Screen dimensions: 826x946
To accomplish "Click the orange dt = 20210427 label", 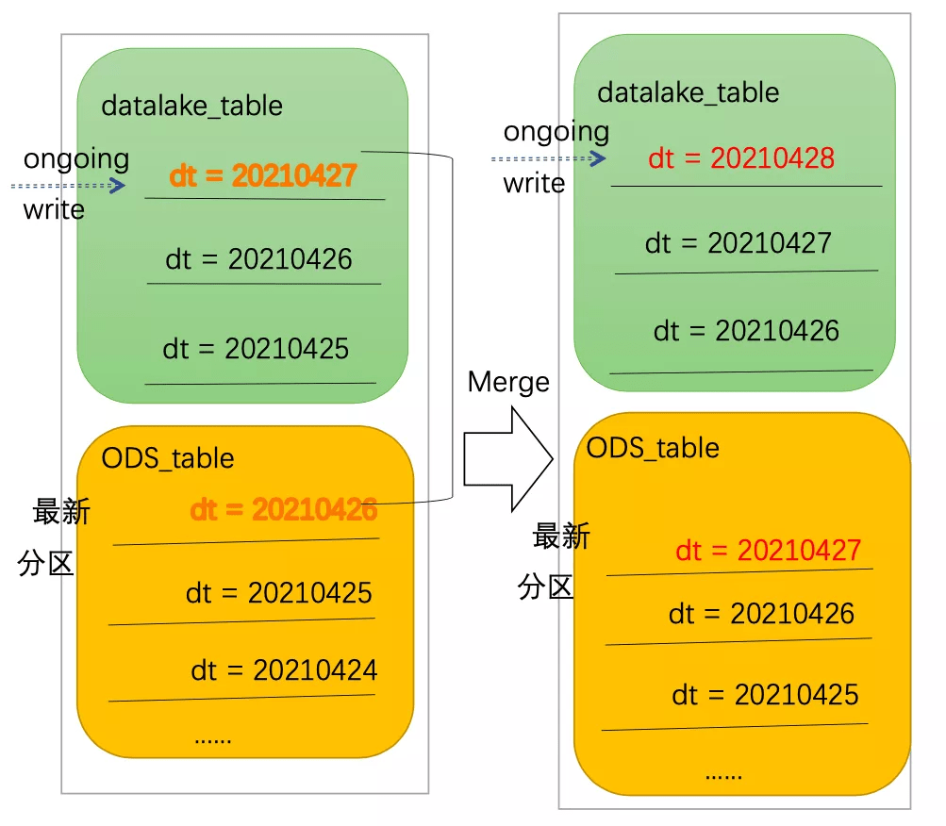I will [263, 175].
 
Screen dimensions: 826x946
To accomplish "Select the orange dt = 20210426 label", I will [283, 510].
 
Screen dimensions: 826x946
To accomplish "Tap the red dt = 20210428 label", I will [741, 157].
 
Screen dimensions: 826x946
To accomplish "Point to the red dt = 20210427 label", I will [768, 550].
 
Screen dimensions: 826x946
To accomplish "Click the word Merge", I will [508, 382].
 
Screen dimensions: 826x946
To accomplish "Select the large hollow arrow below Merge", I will [507, 458].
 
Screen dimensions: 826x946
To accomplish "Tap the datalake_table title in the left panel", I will [191, 105].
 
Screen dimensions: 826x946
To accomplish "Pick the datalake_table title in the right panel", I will [689, 92].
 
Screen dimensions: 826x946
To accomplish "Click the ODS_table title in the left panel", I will [168, 458].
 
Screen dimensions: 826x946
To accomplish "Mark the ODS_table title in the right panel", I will [653, 447].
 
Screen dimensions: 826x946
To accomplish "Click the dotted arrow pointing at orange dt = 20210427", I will [69, 186].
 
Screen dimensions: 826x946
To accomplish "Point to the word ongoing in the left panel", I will [76, 158].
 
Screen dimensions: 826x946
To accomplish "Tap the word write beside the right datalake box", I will [534, 183].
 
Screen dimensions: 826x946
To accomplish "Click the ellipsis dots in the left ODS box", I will [212, 738].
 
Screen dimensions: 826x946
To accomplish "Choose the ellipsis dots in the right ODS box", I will [723, 774].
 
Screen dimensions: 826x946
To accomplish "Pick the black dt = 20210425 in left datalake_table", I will [256, 349].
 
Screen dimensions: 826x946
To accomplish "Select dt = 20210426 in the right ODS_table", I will [761, 614].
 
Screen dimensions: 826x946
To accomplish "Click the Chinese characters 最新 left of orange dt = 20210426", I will [61, 512].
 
